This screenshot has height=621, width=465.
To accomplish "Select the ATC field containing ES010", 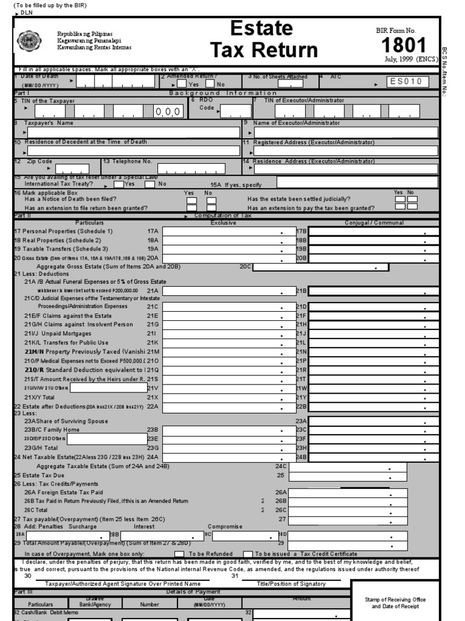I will pyautogui.click(x=409, y=82).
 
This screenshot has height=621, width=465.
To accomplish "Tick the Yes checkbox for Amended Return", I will pyautogui.click(x=182, y=84).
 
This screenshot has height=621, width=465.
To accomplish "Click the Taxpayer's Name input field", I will pyautogui.click(x=133, y=132).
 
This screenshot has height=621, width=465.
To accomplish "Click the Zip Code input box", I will pyautogui.click(x=72, y=169).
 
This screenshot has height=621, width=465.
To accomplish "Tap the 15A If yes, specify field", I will pyautogui.click(x=357, y=182).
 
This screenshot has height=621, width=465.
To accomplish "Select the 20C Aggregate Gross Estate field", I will pyautogui.click(x=321, y=267).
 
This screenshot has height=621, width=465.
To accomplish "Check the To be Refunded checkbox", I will pyautogui.click(x=179, y=554).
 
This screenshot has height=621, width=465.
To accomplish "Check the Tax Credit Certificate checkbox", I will pyautogui.click(x=248, y=554).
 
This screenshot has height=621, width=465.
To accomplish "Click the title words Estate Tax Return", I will pyautogui.click(x=263, y=39).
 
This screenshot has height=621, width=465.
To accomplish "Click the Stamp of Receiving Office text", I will pyautogui.click(x=395, y=603).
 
